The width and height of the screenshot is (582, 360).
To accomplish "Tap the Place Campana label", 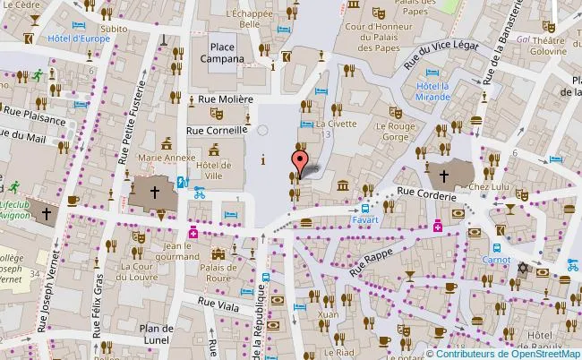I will pyautogui.click(x=227, y=53).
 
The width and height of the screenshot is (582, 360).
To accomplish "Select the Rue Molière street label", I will pyautogui.click(x=219, y=99).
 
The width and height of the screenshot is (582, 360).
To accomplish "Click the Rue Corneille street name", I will pyautogui.click(x=215, y=130).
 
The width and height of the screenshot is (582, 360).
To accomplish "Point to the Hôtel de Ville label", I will pyautogui.click(x=214, y=170).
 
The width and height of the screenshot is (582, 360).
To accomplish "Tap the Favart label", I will pyautogui.click(x=364, y=219).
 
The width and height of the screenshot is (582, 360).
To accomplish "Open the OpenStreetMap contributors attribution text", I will pyautogui.click(x=504, y=353).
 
